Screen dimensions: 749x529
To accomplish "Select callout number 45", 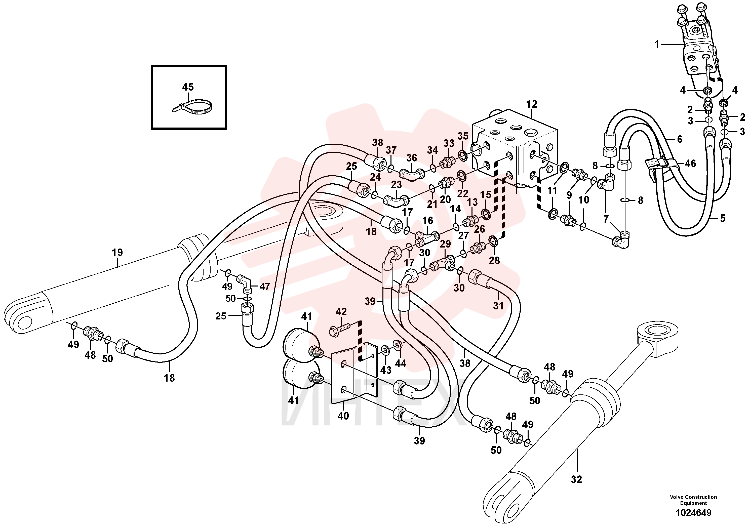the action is [188, 87].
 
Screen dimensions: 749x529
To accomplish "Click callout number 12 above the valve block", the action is [531, 104].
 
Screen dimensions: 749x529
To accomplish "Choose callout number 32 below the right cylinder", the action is [576, 479].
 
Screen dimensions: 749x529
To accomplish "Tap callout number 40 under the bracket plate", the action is [343, 416].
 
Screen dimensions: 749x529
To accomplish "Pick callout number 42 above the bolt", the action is [341, 311].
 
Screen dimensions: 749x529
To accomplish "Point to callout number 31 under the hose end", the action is [498, 306].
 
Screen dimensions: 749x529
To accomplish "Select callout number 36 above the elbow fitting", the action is [411, 158].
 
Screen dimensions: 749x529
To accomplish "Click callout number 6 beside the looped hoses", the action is [680, 139].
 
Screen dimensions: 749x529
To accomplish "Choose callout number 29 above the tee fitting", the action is [445, 244].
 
